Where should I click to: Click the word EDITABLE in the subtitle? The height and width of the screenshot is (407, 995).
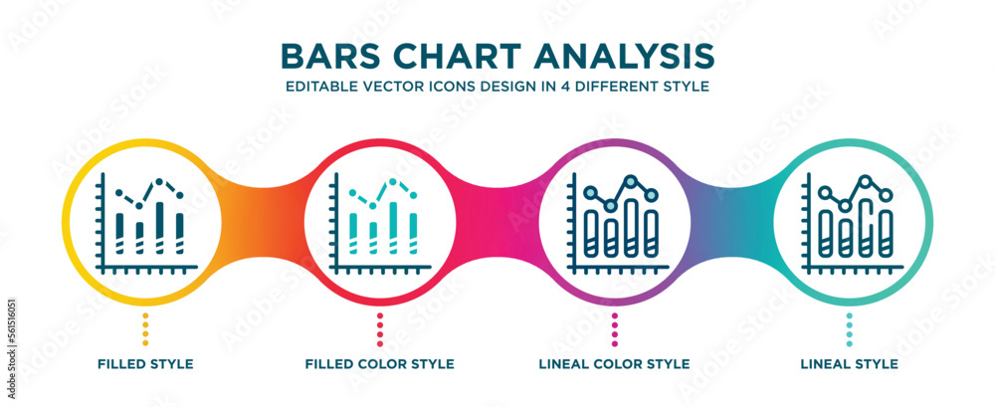pyautogui.click(x=322, y=86)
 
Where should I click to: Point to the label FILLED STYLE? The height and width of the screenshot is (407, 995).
pyautogui.click(x=145, y=364)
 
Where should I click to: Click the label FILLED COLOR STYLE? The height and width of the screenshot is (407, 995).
pyautogui.click(x=380, y=364)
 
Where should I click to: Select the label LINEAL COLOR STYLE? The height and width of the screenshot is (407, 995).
pyautogui.click(x=615, y=364)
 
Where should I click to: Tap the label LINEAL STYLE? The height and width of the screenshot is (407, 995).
pyautogui.click(x=849, y=364)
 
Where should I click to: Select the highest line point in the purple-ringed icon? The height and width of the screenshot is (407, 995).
pyautogui.click(x=631, y=181)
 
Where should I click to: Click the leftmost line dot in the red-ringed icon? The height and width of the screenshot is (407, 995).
pyautogui.click(x=353, y=192)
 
